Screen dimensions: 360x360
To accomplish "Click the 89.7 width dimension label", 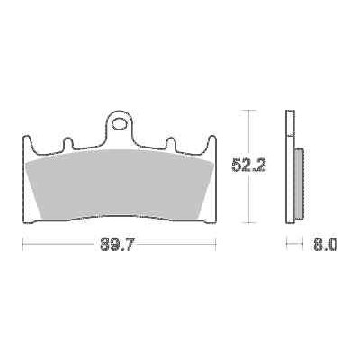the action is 117,245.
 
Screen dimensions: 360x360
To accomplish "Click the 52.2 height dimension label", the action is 249,166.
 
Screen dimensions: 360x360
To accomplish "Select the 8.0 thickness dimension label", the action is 325,245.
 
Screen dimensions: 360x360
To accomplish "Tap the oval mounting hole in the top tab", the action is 119,124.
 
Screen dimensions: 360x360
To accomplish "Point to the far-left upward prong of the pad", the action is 27,142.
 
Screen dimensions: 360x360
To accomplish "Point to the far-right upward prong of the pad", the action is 212,142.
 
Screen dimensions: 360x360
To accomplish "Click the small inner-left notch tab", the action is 67,143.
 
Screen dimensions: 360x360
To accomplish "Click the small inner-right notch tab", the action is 171,143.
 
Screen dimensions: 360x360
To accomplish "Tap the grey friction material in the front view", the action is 119,184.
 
